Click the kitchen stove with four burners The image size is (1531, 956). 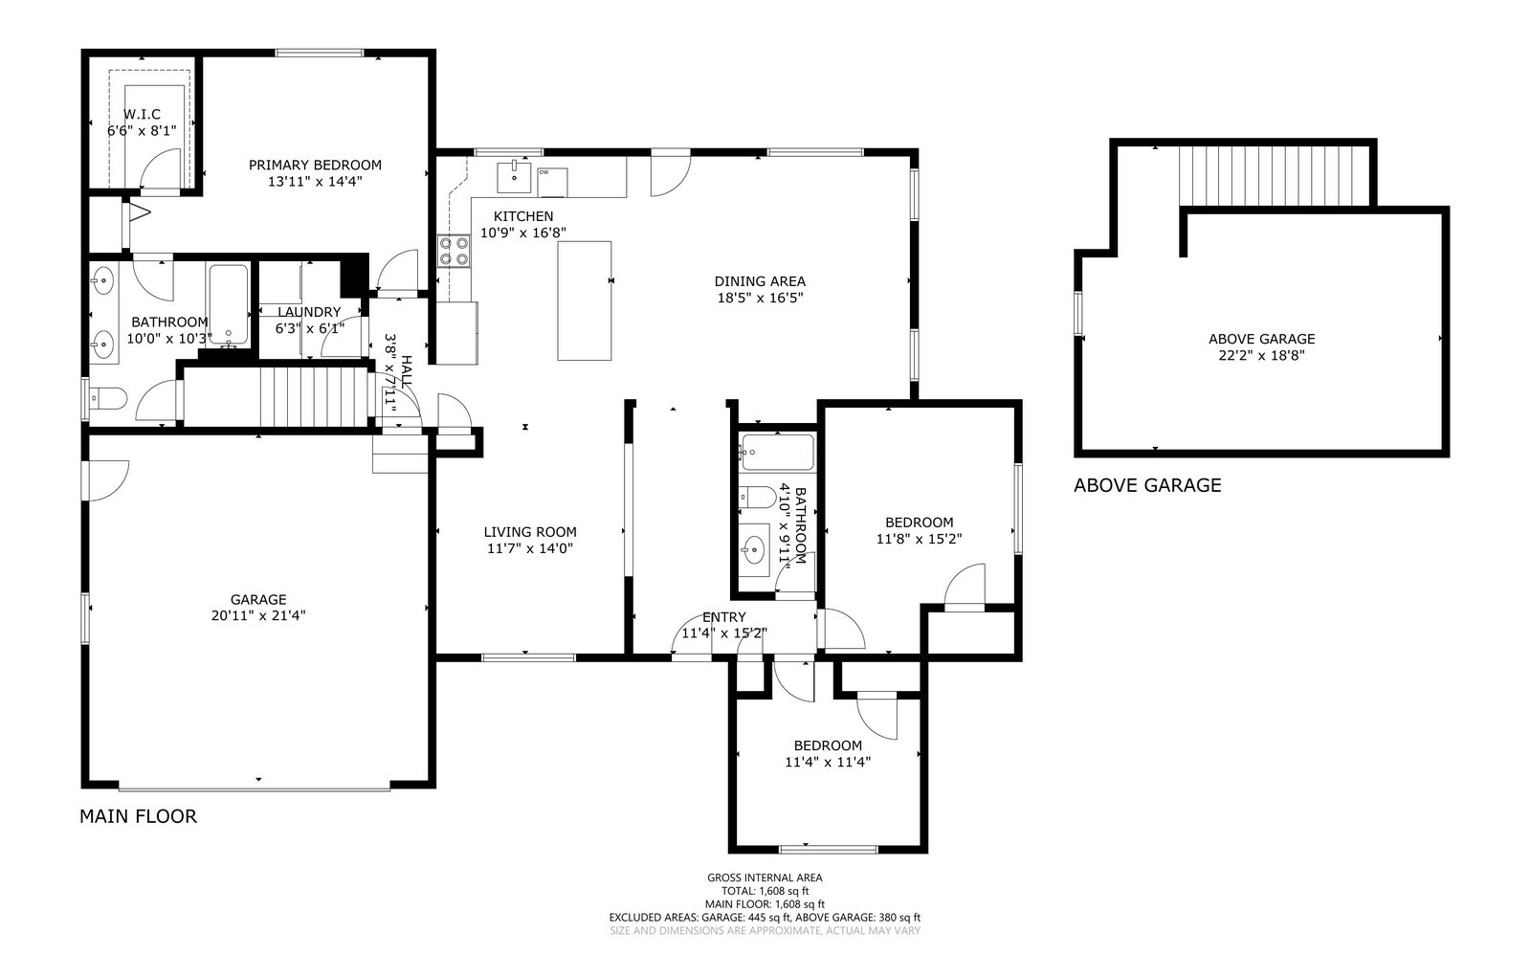pos(455,251)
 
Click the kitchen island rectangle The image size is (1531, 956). pos(585,300)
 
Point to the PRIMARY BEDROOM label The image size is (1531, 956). pos(315,165)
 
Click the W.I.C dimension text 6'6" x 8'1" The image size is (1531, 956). pos(142,130)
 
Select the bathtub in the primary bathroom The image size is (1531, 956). pos(229,305)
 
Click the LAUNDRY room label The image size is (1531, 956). pos(309,312)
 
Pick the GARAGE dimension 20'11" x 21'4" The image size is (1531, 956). pos(258,615)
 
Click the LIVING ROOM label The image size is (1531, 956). pos(529,532)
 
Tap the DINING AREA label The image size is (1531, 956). pos(760,281)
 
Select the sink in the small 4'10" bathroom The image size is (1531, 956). pos(754,549)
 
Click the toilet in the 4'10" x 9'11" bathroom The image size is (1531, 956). pos(757,498)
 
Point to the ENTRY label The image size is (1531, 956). pos(723,617)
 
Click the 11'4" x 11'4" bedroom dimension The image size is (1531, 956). pos(828,762)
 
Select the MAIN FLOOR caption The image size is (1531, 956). pos(138,816)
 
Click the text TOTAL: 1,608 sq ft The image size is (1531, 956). pos(765,891)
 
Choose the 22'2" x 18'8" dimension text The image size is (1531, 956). pos(1261,355)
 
